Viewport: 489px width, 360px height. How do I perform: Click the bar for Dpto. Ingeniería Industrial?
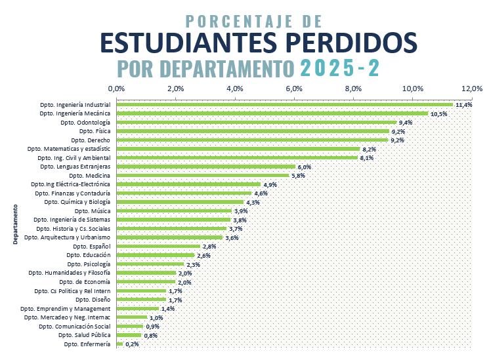284,104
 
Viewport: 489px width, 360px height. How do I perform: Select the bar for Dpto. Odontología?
256,122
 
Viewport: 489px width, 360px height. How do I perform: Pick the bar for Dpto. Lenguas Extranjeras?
205,167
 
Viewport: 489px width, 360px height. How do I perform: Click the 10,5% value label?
438,113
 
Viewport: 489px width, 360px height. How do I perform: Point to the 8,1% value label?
366,158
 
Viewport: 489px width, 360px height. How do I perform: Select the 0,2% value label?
132,344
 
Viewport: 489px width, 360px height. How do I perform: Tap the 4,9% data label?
270,185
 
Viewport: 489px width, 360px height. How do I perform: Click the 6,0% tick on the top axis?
294,89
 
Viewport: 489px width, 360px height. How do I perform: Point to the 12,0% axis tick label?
471,89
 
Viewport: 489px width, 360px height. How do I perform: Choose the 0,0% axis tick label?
116,89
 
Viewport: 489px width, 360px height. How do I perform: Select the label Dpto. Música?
93,211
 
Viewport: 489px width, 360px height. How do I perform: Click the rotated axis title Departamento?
14,224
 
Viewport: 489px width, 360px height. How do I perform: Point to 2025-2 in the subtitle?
339,68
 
